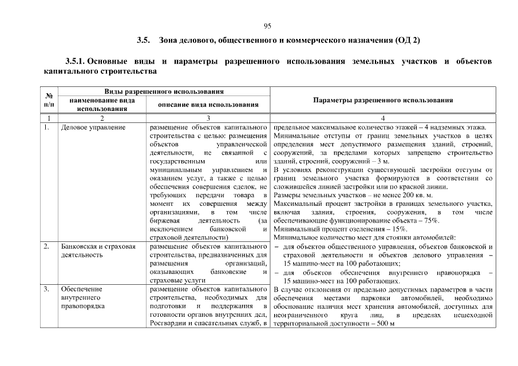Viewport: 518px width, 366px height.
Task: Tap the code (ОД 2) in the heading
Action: pyautogui.click(x=407, y=41)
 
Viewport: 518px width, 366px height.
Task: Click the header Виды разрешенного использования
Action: pyautogui.click(x=163, y=91)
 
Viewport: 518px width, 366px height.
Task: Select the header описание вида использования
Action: pyautogui.click(x=208, y=104)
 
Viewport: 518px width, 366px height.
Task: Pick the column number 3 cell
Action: pyautogui.click(x=208, y=118)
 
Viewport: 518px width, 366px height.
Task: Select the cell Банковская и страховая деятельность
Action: pyautogui.click(x=98, y=250)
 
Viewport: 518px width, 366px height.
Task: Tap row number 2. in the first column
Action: pyautogui.click(x=46, y=246)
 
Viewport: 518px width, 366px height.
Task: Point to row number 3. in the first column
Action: pyautogui.click(x=46, y=289)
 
